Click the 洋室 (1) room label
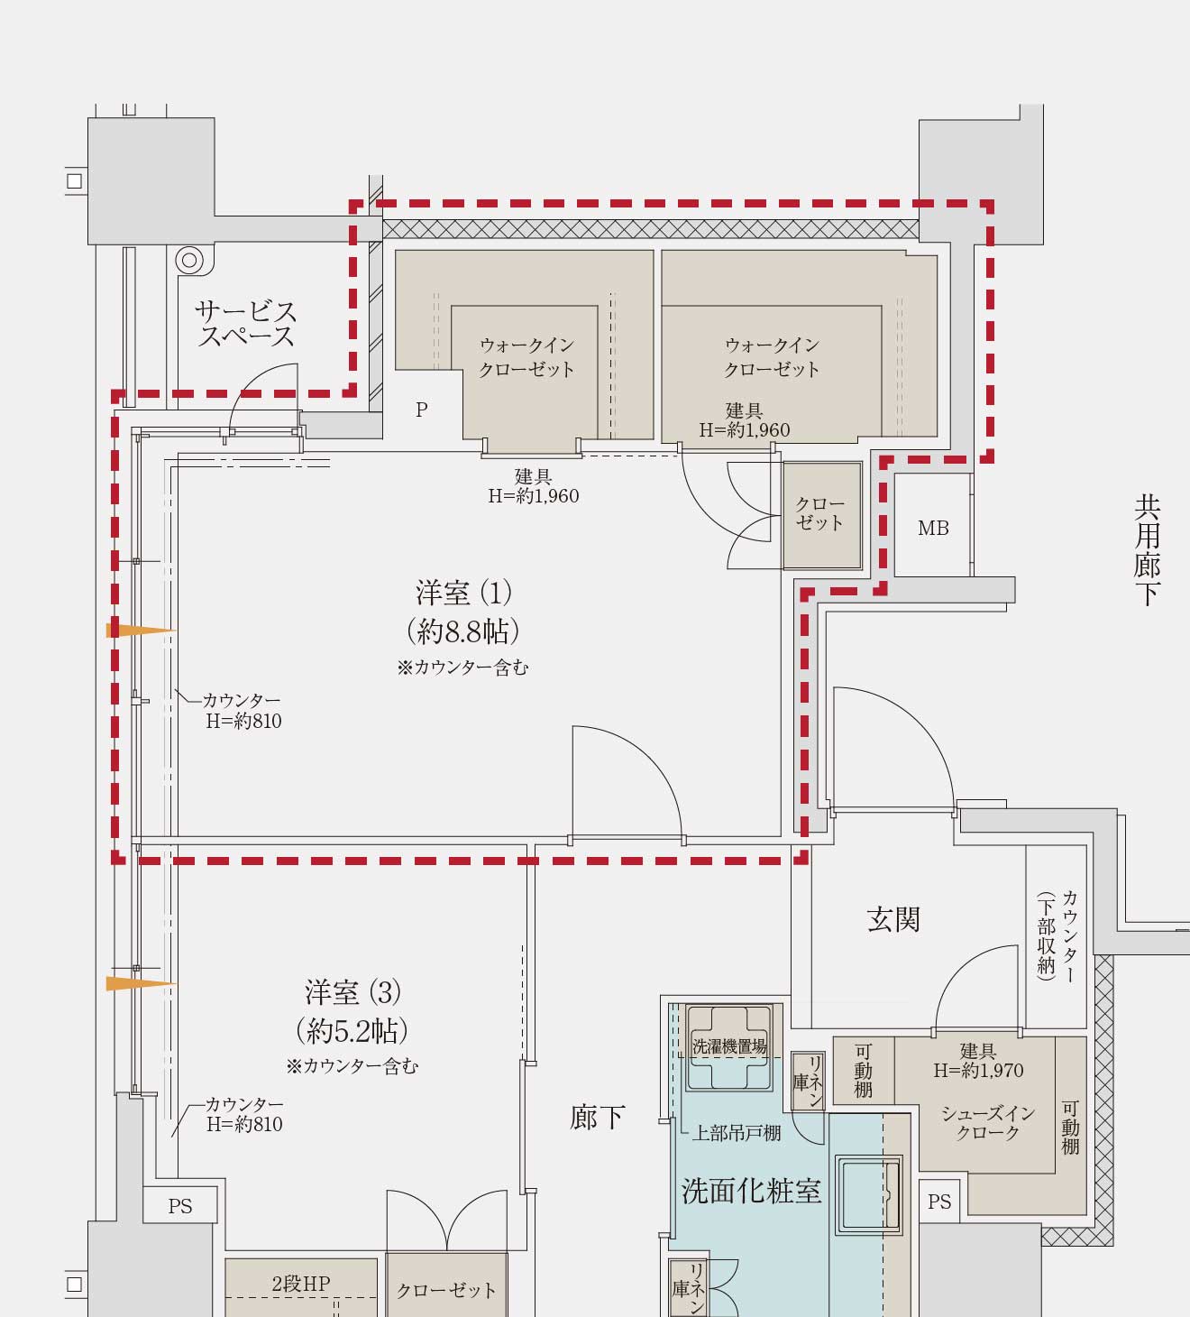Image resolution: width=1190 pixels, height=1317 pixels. (x=463, y=594)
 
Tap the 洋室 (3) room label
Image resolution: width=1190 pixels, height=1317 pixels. (x=352, y=993)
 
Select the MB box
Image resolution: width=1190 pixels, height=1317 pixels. (x=933, y=528)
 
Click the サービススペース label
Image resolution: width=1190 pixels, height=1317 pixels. (x=245, y=325)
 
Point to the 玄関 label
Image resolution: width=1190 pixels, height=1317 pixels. (x=892, y=920)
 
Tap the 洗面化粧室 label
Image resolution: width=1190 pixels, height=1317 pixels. (x=751, y=1192)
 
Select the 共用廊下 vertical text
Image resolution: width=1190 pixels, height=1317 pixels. (x=1147, y=550)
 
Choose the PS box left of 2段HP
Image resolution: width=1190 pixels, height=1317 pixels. (x=180, y=1206)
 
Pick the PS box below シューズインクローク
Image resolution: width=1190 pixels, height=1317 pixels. (x=939, y=1202)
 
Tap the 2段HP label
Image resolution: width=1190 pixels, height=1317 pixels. (x=301, y=1283)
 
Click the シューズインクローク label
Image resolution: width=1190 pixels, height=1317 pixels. (x=987, y=1123)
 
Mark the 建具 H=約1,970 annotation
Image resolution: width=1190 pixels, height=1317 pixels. (x=978, y=1061)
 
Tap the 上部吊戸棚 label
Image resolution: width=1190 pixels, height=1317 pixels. (x=736, y=1133)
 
